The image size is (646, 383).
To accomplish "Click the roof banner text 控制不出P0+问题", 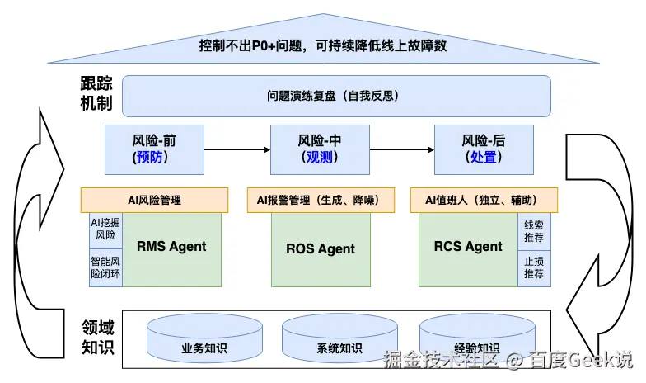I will point(322,45).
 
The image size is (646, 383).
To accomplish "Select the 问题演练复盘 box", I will point(336,96).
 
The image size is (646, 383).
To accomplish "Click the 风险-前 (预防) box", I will point(154,149).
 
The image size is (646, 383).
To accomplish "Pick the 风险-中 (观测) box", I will point(321,149).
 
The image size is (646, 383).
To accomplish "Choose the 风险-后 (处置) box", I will point(484,149).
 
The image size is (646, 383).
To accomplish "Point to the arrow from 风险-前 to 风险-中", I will point(237,149).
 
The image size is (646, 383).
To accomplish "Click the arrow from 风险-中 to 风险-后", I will point(402,149).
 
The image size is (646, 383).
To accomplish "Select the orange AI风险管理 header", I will point(154,200).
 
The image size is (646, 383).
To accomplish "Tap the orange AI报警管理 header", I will point(319,200).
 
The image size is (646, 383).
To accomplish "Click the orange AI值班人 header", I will point(484,200).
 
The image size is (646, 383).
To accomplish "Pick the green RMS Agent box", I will point(171,247).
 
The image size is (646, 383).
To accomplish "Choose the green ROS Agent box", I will point(321,248).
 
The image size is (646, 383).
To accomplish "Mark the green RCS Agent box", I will point(468,247).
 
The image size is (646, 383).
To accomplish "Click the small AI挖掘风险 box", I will point(105,229).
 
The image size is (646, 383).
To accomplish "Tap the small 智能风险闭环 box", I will point(105,267).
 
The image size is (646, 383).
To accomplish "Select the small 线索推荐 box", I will point(534,230).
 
